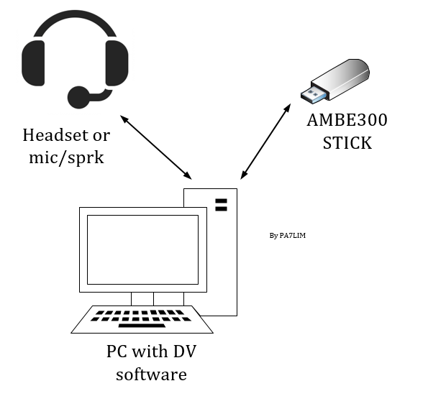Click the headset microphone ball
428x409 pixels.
pyautogui.click(x=78, y=98)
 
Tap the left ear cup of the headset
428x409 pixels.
pyautogui.click(x=33, y=63)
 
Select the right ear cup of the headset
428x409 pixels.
pyautogui.click(x=117, y=63)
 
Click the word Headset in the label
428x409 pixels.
pyautogui.click(x=55, y=135)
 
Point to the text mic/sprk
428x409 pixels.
pyautogui.click(x=66, y=157)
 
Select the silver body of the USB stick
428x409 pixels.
pyautogui.click(x=340, y=78)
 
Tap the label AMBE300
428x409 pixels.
pyautogui.click(x=347, y=120)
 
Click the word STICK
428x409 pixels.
pyautogui.click(x=347, y=142)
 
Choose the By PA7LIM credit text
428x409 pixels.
pyautogui.click(x=288, y=236)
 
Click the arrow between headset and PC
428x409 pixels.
pyautogui.click(x=156, y=147)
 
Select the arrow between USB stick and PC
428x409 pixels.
pyautogui.click(x=265, y=142)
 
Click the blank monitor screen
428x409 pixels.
pyautogui.click(x=142, y=249)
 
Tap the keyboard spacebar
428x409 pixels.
pyautogui.click(x=142, y=326)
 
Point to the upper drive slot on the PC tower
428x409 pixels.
pyautogui.click(x=221, y=201)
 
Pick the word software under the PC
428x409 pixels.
pyautogui.click(x=152, y=374)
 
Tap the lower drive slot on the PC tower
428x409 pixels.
pyautogui.click(x=221, y=208)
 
